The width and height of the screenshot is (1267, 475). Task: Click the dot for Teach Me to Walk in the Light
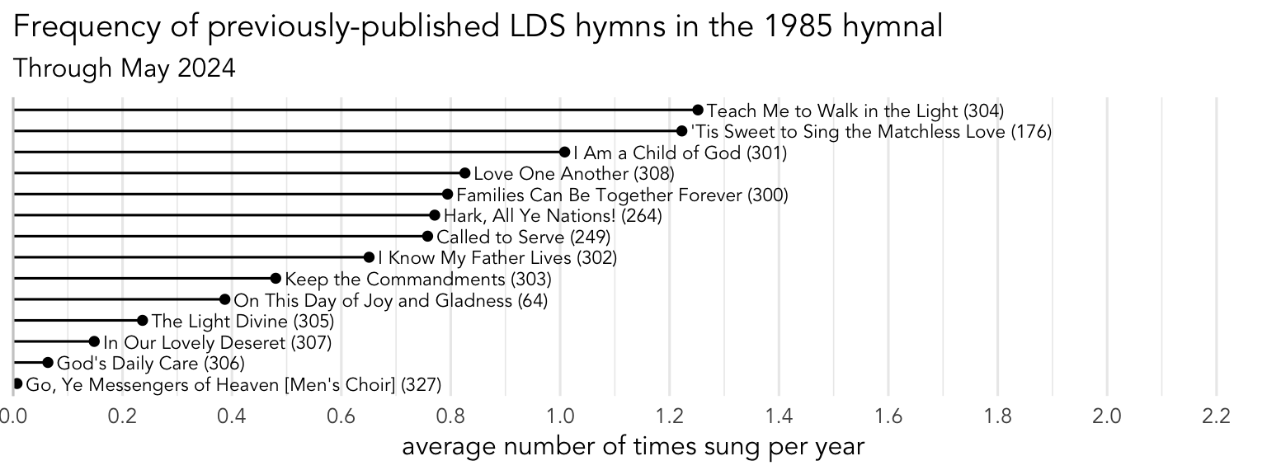point(698,110)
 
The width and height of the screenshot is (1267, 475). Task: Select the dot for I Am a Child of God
point(564,152)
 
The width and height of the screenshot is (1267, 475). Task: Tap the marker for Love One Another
point(464,173)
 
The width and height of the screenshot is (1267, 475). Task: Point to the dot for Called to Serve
point(427,237)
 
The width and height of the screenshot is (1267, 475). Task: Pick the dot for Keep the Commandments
point(276,279)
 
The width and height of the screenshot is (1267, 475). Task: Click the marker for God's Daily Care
point(48,363)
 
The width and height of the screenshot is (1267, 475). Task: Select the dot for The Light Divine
point(142,321)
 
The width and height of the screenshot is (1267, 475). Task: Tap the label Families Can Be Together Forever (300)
point(622,195)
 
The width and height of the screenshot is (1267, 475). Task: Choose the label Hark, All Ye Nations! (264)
point(553,216)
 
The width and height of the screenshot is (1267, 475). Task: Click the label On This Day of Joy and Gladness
point(391,300)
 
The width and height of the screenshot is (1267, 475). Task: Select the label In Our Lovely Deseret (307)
point(217,342)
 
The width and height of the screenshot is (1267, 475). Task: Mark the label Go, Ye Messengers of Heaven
point(233,384)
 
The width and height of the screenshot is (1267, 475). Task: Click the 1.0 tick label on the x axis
point(560,416)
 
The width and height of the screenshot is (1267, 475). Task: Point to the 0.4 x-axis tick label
point(233,416)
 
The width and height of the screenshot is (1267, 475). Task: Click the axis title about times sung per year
point(633,448)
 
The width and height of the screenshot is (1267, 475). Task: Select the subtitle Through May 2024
point(125,68)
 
